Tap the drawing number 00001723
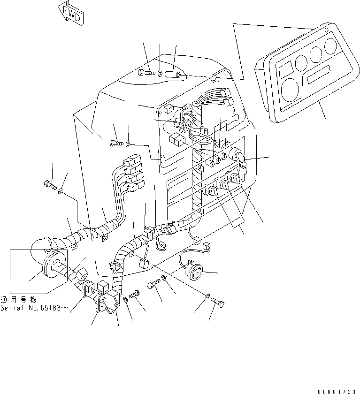click(x=338, y=391)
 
